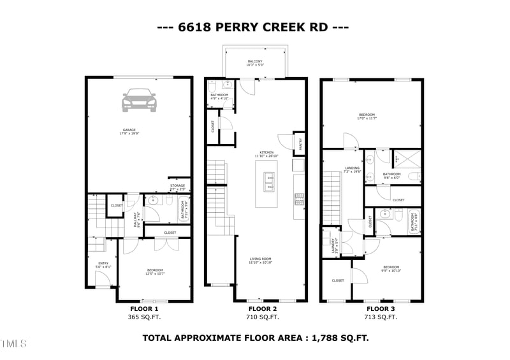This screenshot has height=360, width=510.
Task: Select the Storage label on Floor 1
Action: (177, 187)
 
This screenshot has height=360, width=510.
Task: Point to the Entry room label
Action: (103, 264)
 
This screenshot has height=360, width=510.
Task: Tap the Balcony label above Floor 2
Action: (255, 63)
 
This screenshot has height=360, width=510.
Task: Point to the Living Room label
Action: (261, 261)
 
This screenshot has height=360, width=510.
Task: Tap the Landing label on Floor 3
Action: (353, 169)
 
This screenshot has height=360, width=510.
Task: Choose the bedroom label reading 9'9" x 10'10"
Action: (391, 269)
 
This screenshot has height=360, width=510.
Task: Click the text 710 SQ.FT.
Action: (263, 317)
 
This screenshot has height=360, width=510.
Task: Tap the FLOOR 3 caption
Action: (371, 308)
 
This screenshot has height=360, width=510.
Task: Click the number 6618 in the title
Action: (195, 27)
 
